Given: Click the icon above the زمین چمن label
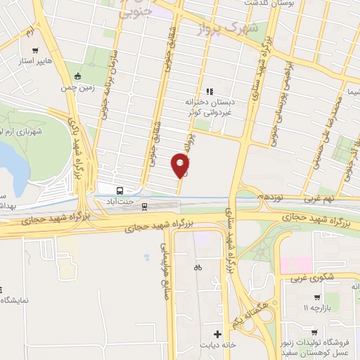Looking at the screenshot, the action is tap(77, 76).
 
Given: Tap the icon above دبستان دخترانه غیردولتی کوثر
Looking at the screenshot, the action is tap(208, 91).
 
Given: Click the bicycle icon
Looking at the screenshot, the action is tap(198, 267).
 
